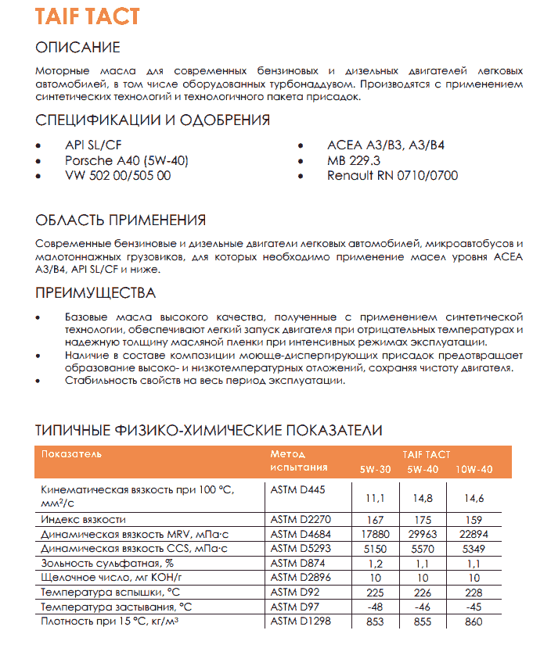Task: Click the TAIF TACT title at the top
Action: tap(88, 16)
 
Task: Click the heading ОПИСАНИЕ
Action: tap(78, 48)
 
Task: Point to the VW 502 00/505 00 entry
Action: tap(117, 176)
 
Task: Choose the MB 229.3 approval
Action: tap(354, 160)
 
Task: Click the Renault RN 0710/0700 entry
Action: tap(392, 176)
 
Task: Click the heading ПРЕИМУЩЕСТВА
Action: tap(96, 294)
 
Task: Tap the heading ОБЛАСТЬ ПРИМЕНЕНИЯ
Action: tap(121, 220)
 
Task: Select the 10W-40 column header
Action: tap(475, 469)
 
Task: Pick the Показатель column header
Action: tap(72, 454)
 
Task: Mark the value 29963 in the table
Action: tap(422, 534)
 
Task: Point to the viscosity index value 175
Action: tap(422, 519)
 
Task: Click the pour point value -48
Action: tap(376, 607)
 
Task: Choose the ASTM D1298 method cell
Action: tap(301, 621)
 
